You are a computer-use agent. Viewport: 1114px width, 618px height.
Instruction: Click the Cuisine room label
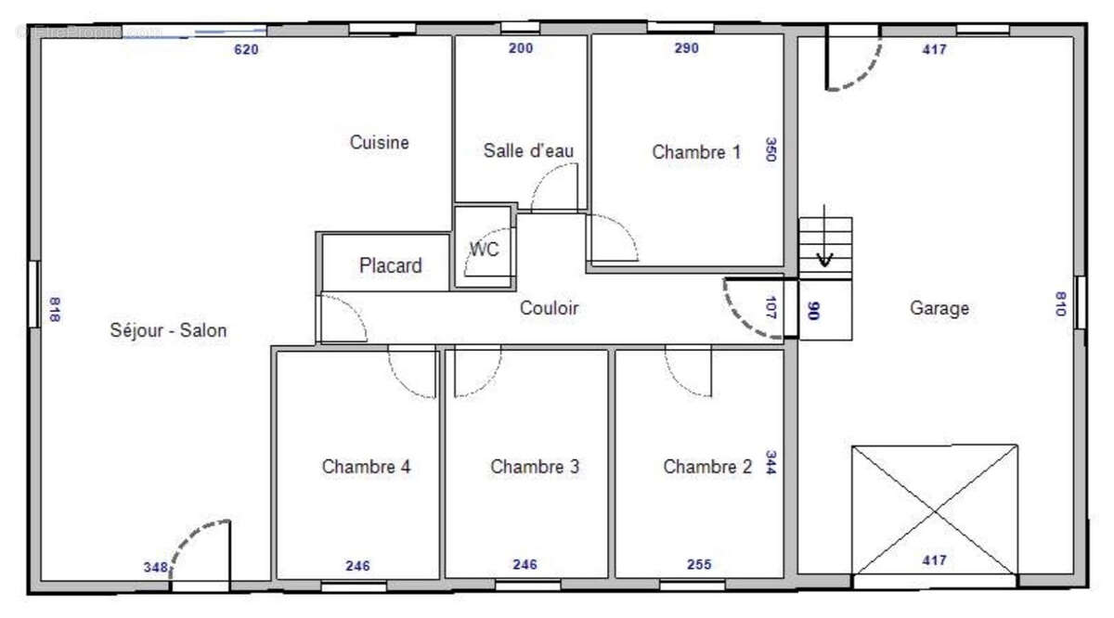379,143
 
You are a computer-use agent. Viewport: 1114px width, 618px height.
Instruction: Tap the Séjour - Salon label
168,330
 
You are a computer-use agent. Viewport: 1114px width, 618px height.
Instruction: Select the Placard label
390,266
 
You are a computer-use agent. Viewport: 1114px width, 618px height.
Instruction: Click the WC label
484,250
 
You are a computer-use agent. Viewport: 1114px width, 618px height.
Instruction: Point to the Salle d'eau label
528,151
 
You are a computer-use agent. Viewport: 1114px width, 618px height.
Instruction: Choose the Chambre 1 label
696,152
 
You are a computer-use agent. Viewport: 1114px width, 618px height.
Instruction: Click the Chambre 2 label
707,467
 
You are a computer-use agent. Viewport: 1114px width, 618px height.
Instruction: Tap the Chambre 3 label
535,467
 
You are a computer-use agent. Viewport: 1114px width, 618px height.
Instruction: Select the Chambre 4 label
366,467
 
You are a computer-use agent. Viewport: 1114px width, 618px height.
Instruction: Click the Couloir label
549,308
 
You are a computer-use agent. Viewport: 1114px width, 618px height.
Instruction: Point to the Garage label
939,308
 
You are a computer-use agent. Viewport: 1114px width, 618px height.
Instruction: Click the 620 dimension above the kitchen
245,50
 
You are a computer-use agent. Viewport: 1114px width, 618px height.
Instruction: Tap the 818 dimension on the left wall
53,309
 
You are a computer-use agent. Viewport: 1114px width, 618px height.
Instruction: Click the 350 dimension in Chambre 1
770,150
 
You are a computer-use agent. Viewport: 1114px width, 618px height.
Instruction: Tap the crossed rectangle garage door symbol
934,510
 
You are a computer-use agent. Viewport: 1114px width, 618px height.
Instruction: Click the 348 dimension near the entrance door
155,567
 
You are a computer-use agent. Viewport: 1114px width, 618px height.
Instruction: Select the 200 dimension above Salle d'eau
521,49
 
